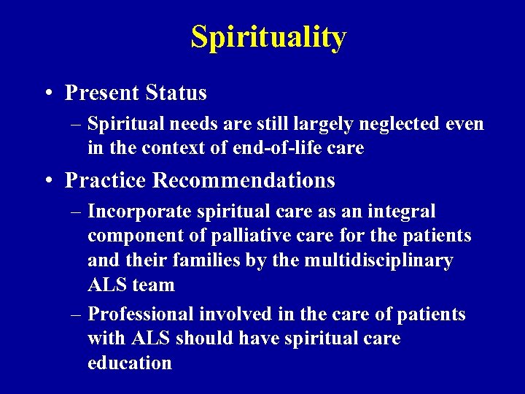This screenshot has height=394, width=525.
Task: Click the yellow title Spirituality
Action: (x=268, y=36)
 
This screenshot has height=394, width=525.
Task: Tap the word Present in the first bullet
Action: (x=102, y=93)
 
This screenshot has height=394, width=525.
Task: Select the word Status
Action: (x=176, y=93)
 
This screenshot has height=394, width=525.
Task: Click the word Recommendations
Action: (x=246, y=179)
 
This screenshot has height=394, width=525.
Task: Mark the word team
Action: (x=155, y=285)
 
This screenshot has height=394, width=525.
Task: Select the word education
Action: (x=129, y=363)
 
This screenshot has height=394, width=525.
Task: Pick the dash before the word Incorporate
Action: (x=77, y=212)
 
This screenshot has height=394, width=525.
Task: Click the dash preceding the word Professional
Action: (x=77, y=315)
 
